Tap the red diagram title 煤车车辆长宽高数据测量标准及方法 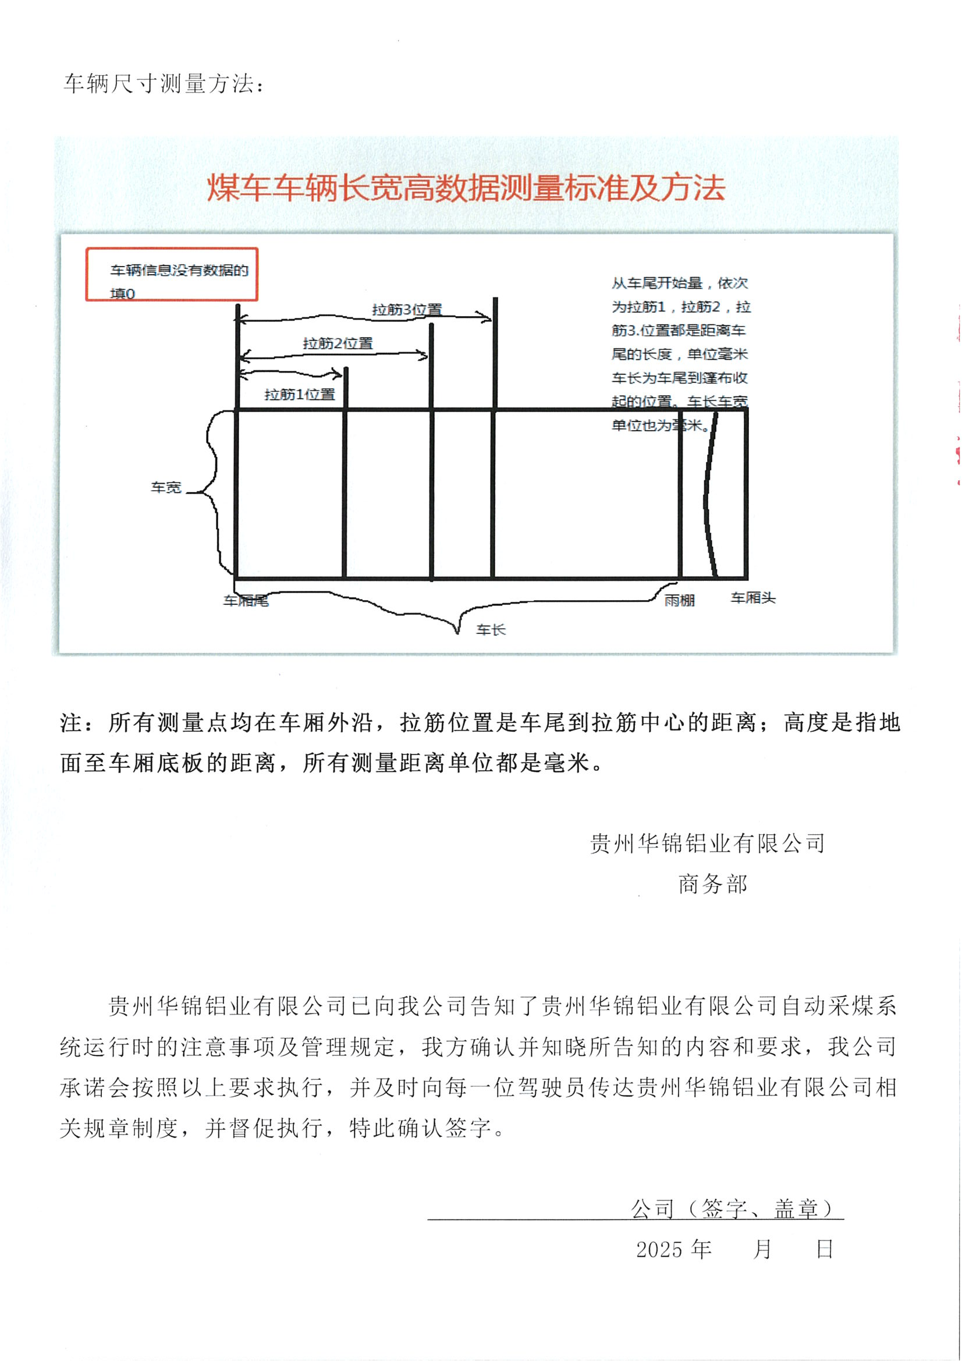[466, 187]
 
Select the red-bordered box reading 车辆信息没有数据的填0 [172, 274]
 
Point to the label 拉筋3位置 [407, 310]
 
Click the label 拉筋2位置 [338, 343]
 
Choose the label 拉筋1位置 [299, 394]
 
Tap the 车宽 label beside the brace [166, 487]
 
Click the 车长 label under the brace [491, 629]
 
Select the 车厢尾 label [246, 601]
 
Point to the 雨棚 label [679, 600]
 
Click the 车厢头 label [752, 597]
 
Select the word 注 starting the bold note [71, 722]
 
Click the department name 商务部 [713, 884]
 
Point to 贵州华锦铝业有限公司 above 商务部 [708, 843]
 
